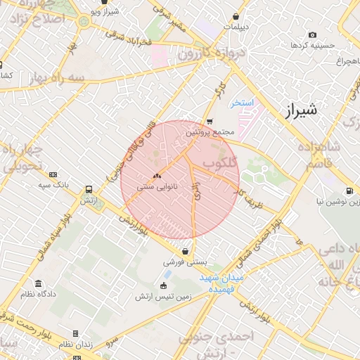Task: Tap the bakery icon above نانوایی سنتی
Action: coord(157,176)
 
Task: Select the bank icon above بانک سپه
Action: coord(53,174)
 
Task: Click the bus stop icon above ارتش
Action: coord(89,190)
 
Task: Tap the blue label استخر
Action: coord(240,103)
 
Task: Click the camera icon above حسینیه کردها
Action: coord(312,35)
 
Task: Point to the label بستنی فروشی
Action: coord(184,261)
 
